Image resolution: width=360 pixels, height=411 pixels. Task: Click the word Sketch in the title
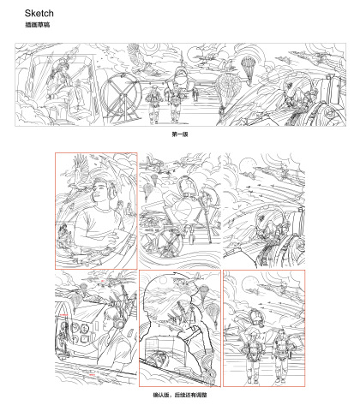(39, 13)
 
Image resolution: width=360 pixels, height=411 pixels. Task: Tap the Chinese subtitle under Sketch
(38, 25)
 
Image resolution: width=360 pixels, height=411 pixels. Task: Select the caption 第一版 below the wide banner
(180, 134)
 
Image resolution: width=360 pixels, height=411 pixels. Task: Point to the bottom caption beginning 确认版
(180, 395)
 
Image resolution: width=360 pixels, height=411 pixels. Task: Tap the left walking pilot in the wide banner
(153, 104)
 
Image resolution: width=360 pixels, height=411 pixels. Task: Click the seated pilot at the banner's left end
(63, 86)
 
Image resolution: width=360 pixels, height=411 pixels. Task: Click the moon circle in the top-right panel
(246, 165)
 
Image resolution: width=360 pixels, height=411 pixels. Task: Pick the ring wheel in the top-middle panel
(169, 242)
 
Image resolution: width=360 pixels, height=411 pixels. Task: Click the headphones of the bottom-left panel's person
(119, 322)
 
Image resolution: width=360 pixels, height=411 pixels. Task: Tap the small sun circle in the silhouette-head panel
(163, 280)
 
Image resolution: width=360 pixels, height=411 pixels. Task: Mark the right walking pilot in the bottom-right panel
(281, 354)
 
